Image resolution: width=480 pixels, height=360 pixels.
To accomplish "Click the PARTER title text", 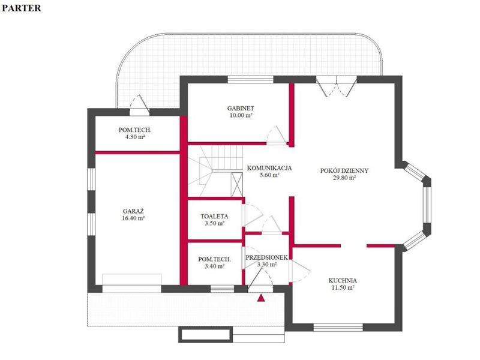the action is [22, 8].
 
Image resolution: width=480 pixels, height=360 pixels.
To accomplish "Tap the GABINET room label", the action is [241, 109].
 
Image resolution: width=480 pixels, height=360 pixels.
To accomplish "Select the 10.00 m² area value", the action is [241, 115].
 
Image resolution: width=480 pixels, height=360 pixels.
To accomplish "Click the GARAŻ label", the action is [133, 211].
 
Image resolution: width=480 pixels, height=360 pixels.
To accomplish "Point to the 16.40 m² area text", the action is [133, 218].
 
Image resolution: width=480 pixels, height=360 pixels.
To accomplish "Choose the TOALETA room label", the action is [214, 217].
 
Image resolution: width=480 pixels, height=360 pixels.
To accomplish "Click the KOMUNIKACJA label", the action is [269, 168].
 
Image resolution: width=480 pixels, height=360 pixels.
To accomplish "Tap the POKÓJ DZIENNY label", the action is [344, 170].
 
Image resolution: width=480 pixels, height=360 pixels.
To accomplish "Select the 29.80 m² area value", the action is [344, 178].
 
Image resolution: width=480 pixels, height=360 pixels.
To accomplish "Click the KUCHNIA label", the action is [343, 280].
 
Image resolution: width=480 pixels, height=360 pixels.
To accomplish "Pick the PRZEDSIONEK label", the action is [266, 257].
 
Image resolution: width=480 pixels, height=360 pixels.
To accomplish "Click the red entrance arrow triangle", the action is [261, 298].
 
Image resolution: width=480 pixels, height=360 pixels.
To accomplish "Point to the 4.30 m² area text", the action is [135, 137].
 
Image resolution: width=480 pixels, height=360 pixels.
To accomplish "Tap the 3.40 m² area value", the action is [215, 266].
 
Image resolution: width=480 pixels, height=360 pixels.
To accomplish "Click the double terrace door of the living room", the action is [337, 86].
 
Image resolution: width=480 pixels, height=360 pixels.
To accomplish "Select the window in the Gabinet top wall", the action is [250, 80].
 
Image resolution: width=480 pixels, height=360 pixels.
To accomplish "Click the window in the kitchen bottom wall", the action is [338, 327].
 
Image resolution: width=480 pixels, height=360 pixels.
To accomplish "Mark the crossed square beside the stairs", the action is [237, 185].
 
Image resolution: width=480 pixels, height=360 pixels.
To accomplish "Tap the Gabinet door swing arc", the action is [277, 134].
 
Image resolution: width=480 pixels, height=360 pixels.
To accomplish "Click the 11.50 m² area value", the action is [343, 287].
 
